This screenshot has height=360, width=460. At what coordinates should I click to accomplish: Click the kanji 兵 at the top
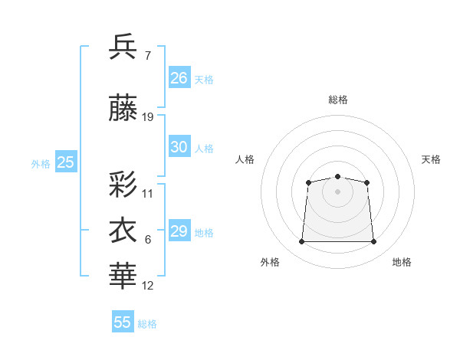tap(123, 47)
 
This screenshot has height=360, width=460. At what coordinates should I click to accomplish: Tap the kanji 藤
tap(123, 108)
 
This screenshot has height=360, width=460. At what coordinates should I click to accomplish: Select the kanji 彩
tap(123, 184)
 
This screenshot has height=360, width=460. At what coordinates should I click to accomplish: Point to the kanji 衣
tap(123, 231)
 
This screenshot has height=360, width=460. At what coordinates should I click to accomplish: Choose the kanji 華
tap(123, 277)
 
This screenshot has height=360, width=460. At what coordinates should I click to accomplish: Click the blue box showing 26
tap(179, 78)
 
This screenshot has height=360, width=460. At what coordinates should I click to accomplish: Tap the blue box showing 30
tap(179, 147)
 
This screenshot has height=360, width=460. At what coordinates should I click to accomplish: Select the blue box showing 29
tap(179, 231)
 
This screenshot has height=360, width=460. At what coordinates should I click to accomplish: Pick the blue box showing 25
tap(66, 162)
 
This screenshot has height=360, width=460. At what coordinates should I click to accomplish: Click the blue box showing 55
tap(123, 322)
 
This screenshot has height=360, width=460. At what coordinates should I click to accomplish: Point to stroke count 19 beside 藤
tap(148, 117)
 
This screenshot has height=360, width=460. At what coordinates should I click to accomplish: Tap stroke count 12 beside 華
tap(148, 286)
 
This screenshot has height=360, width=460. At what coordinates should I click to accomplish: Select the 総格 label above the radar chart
tap(337, 100)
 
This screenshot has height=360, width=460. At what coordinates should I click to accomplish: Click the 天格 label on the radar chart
tap(431, 159)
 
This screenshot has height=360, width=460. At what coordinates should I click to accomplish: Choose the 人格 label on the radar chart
tap(245, 159)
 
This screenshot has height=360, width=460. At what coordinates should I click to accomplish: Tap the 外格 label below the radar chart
tap(270, 262)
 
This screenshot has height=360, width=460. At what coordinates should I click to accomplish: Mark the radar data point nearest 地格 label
tap(373, 242)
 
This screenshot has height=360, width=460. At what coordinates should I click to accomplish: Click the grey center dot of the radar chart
tap(337, 191)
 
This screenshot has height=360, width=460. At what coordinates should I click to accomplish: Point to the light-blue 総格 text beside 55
tap(147, 324)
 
